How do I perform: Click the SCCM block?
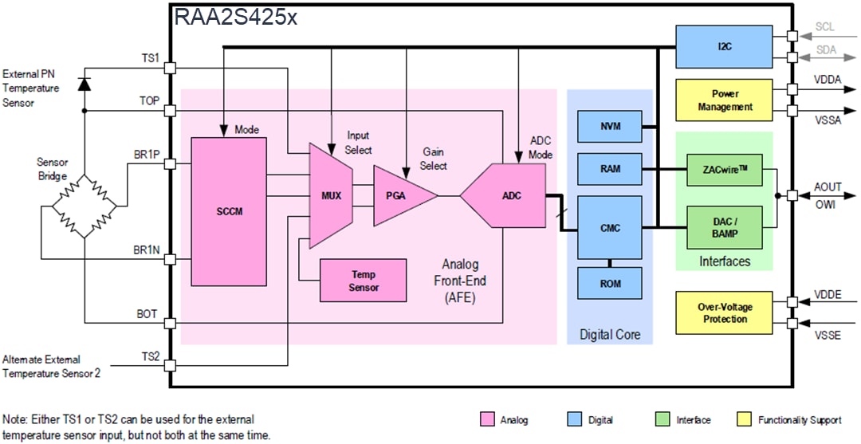point(229,211)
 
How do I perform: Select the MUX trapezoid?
point(330,195)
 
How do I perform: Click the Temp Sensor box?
point(363,281)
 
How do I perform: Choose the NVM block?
point(610,126)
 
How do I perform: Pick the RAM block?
point(610,169)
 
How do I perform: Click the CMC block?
point(610,228)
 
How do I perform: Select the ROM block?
point(610,282)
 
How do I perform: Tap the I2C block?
point(725,46)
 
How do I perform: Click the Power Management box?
point(725,100)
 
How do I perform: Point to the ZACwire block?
point(725,170)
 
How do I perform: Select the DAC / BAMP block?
point(725,227)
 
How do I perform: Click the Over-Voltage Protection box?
point(725,312)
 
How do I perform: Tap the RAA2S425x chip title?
point(236,16)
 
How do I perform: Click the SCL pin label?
point(825,27)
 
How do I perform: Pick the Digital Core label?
point(610,335)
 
